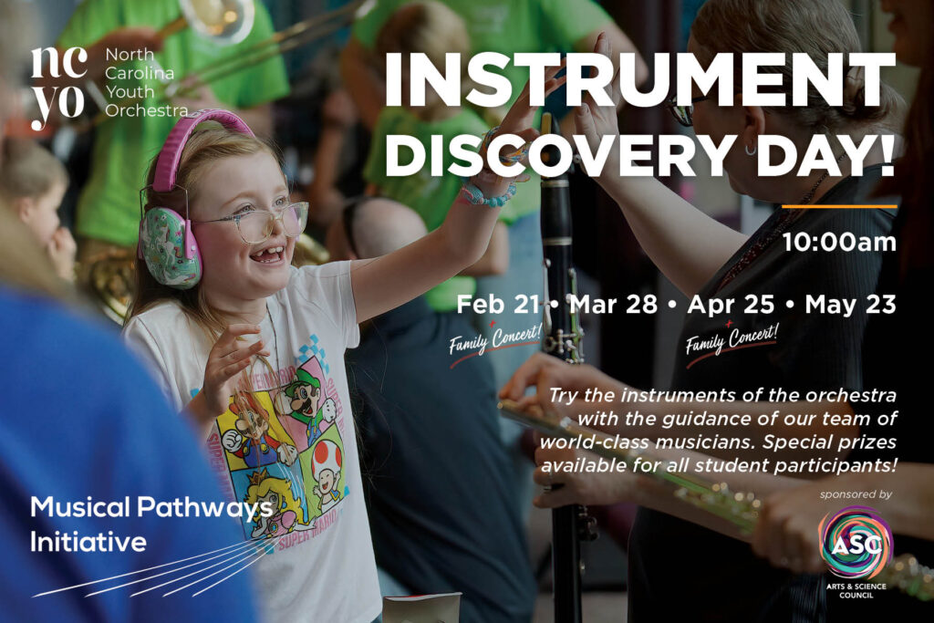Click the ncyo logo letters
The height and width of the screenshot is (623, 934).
click(x=57, y=88)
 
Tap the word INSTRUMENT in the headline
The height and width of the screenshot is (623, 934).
click(x=639, y=81)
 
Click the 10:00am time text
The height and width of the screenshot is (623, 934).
click(x=839, y=243)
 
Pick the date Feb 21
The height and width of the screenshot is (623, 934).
click(x=497, y=305)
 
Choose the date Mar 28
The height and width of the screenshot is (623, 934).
click(x=614, y=305)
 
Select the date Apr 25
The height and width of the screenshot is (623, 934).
click(x=731, y=305)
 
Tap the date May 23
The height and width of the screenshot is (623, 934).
click(x=850, y=305)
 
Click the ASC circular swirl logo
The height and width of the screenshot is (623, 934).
click(x=856, y=544)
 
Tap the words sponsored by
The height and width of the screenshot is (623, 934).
click(x=856, y=494)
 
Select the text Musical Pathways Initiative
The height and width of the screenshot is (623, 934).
click(x=151, y=524)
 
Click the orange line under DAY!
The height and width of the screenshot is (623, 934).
click(x=839, y=207)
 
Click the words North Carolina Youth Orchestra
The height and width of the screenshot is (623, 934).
click(x=146, y=82)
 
